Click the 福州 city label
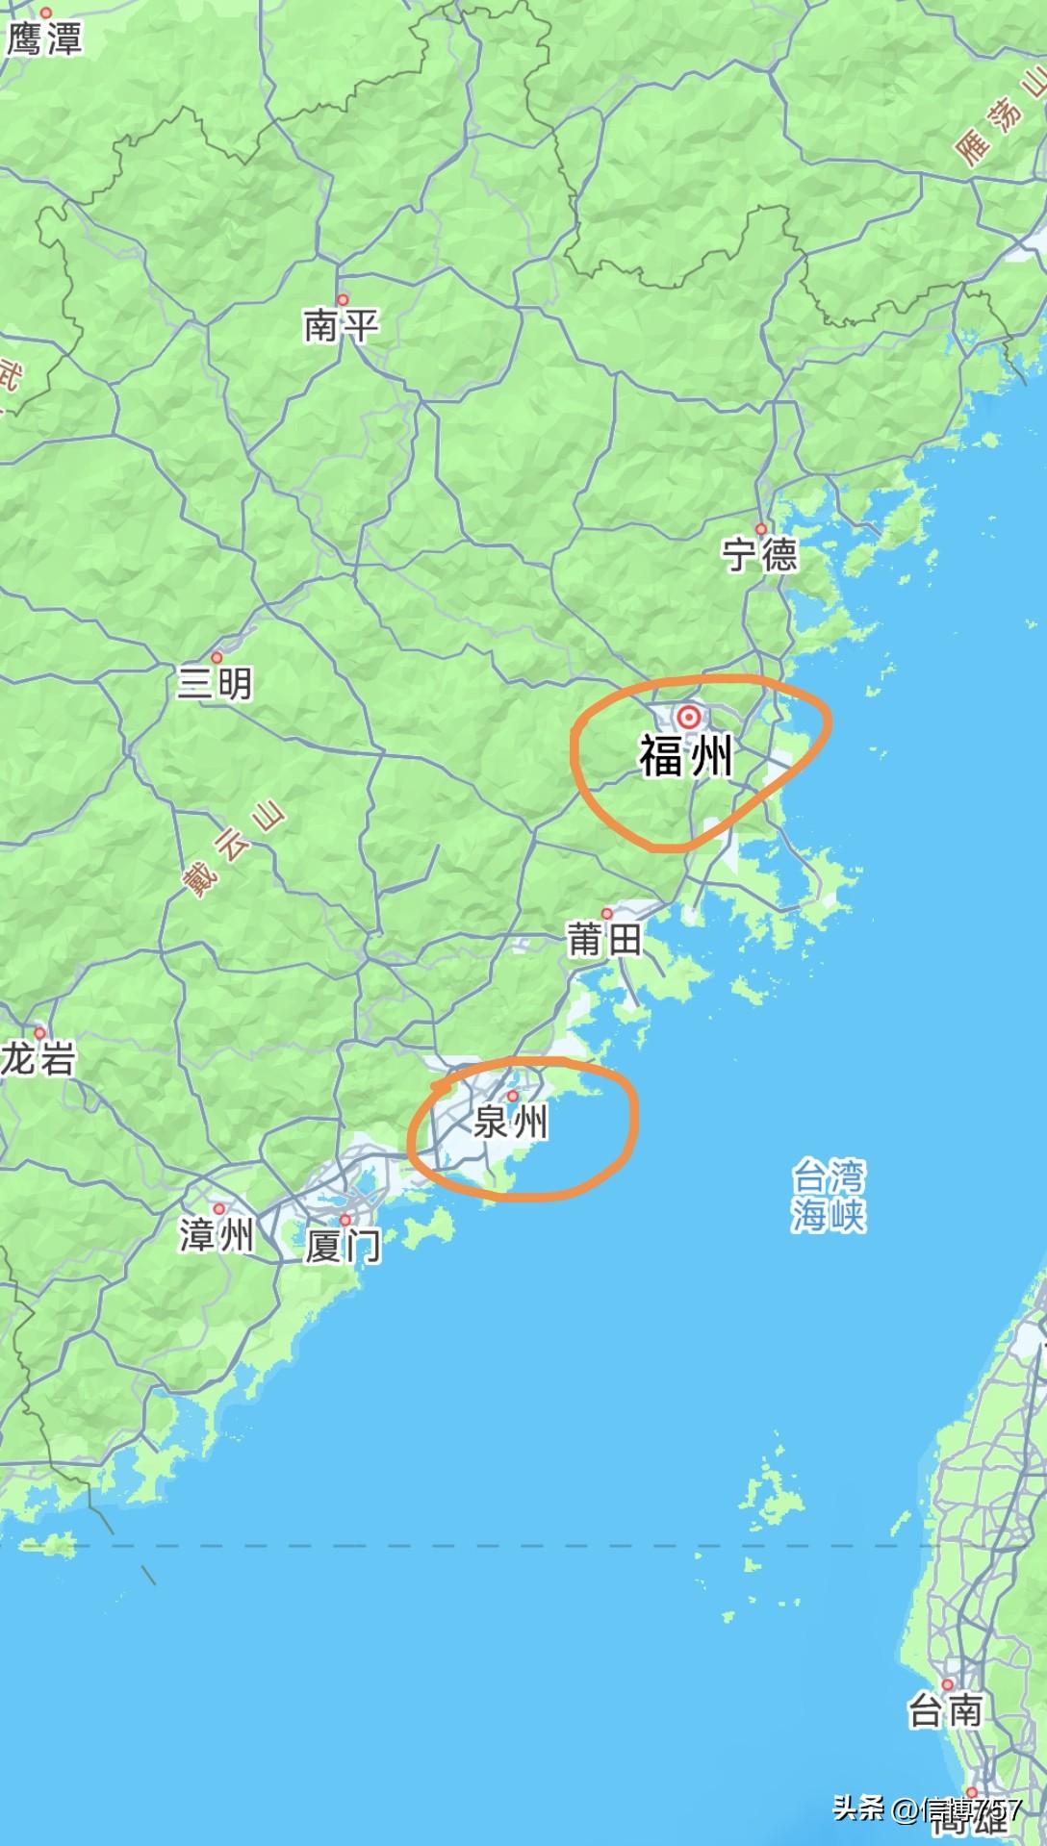pos(686,756)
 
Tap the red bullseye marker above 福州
pos(689,717)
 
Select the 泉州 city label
pos(511,1122)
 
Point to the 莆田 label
pos(604,939)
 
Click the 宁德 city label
pos(760,555)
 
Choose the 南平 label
pos(341,326)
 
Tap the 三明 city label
pos(215,683)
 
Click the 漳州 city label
pos(217,1234)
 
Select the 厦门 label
pos(343,1247)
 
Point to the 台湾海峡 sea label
pos(829,1196)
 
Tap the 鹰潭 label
pos(44,38)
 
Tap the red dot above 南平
pos(343,299)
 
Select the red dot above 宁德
pos(760,529)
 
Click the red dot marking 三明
pos(217,658)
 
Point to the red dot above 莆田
pos(606,914)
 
